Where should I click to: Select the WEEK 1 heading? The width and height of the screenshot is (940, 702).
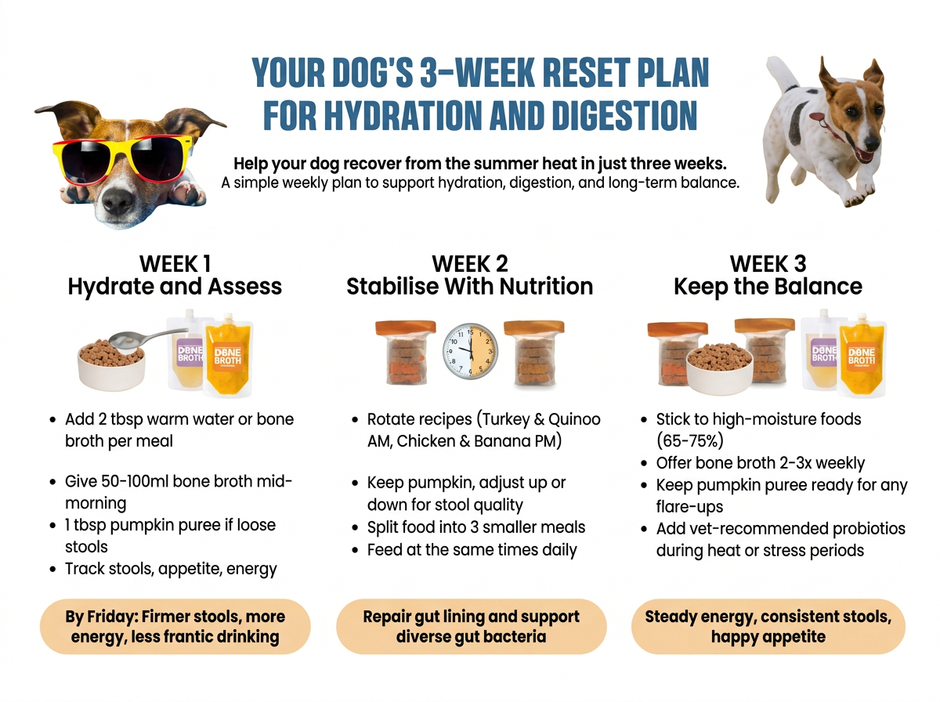coord(175,263)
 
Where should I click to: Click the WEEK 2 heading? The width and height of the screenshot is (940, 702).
coord(470,263)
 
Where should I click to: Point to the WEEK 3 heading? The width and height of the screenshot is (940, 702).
coord(768,263)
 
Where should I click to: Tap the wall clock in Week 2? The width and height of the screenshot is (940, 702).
coord(470,352)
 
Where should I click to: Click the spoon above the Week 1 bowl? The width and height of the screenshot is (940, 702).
coord(141,338)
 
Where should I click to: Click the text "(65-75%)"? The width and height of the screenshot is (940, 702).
coord(689,441)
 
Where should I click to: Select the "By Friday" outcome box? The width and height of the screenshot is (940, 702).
coord(175,626)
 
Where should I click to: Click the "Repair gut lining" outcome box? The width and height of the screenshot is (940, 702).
coord(471,626)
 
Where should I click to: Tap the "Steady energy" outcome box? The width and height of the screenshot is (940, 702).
coord(768,626)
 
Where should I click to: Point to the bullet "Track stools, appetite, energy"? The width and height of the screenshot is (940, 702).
coord(171,569)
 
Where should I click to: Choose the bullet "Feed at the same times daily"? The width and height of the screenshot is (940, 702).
coord(472,550)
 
